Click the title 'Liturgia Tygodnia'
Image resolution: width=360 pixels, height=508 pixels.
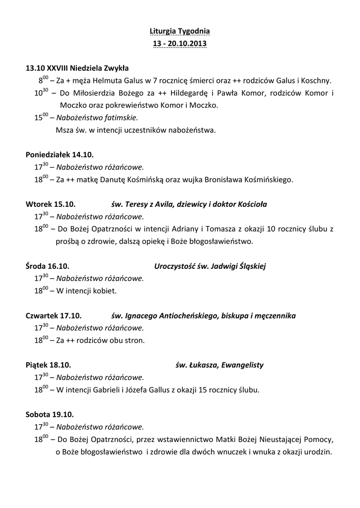pyautogui.click(x=180, y=31)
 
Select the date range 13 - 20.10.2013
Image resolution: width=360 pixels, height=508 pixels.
pyautogui.click(x=180, y=44)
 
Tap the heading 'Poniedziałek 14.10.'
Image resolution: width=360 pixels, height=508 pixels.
pyautogui.click(x=60, y=154)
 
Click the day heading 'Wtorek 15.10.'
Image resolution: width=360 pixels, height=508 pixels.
pyautogui.click(x=51, y=204)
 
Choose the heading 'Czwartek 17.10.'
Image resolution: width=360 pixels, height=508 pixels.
pyautogui.click(x=54, y=315)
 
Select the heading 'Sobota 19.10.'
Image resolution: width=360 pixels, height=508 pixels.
pyautogui.click(x=50, y=414)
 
